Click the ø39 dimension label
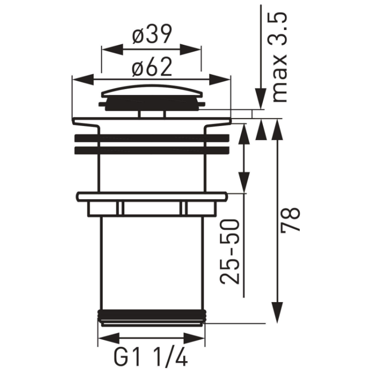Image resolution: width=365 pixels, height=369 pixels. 152,34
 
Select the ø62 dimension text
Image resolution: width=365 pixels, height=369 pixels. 152,67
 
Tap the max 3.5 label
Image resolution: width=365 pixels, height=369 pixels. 280,57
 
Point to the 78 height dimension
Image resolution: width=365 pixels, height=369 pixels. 290,219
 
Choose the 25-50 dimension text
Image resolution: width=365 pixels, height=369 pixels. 230,251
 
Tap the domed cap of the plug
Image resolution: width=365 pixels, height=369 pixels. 152,91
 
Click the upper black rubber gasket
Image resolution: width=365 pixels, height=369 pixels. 152,138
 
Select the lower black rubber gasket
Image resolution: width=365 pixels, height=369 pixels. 152,150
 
